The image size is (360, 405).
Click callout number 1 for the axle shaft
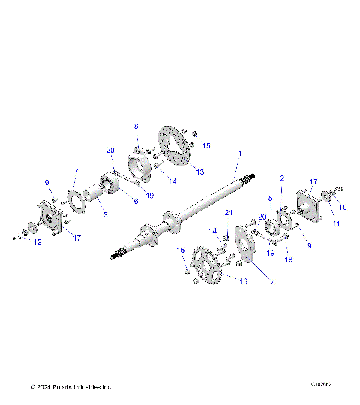[x=239, y=154]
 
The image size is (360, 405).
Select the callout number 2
[x=282, y=178]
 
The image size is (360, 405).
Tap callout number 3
[x=105, y=214]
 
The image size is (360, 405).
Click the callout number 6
[x=136, y=200]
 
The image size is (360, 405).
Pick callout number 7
[x=76, y=172]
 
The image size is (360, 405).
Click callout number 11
[x=336, y=224]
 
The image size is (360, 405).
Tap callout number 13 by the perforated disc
[x=199, y=172]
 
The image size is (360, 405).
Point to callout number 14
[x=213, y=230]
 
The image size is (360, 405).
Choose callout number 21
[x=229, y=213]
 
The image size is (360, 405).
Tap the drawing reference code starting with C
[x=321, y=383]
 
